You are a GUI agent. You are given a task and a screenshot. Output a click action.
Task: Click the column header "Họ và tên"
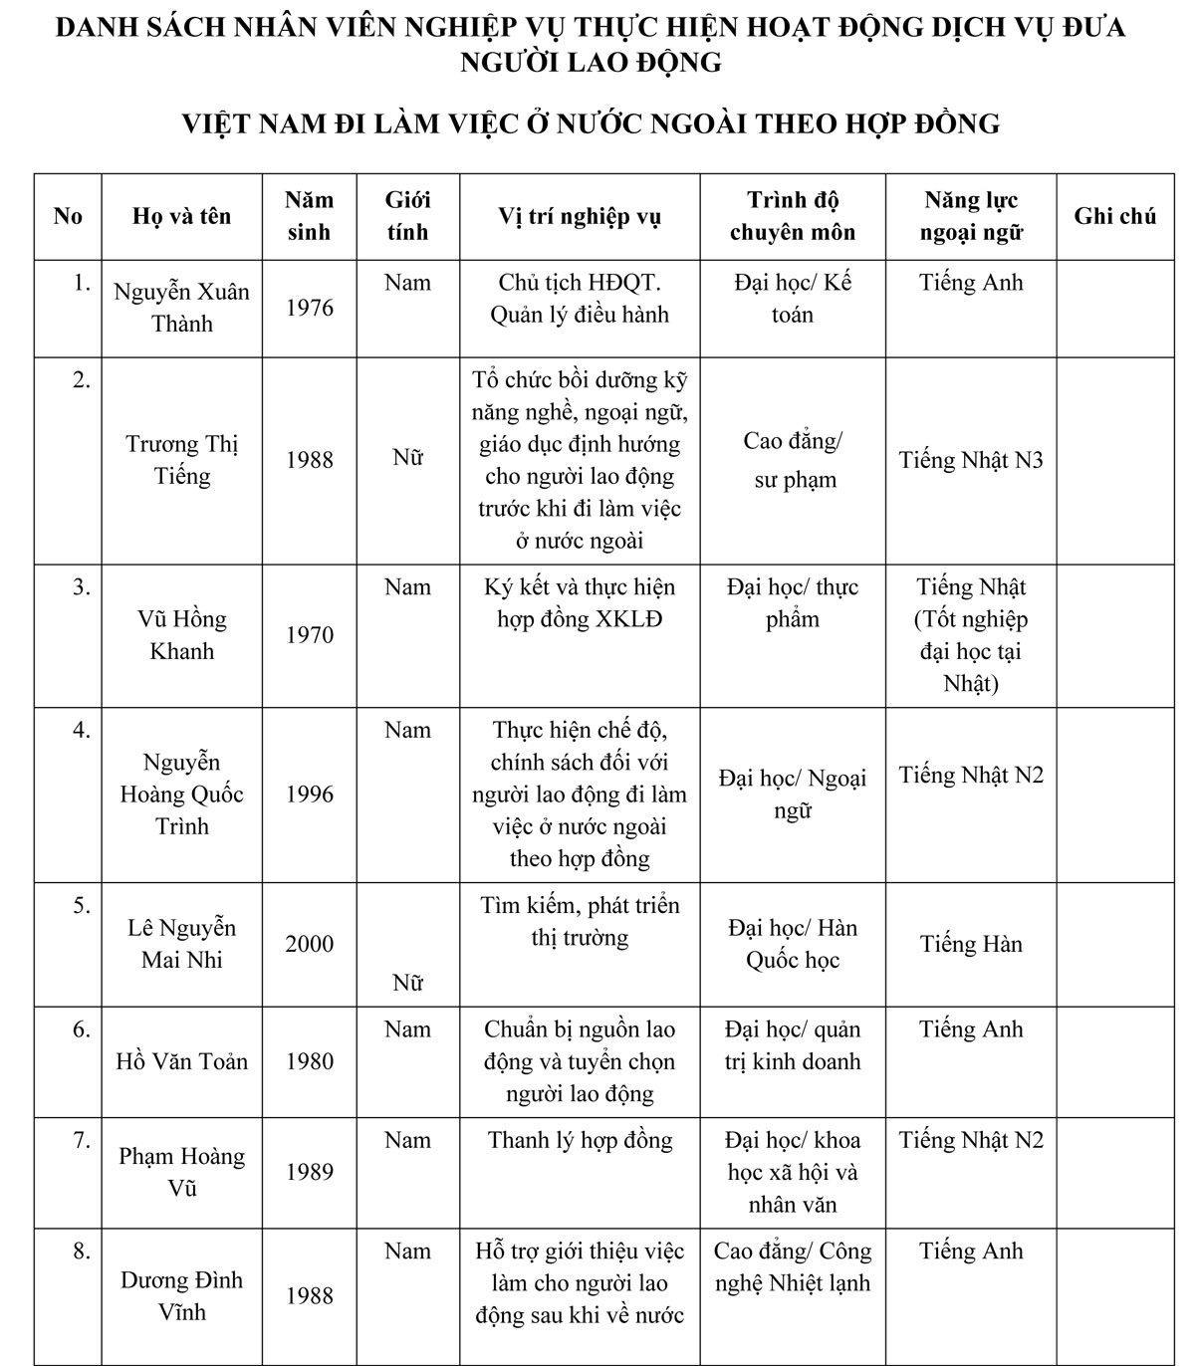pyautogui.click(x=181, y=216)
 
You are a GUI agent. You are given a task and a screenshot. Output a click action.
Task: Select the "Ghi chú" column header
pyautogui.click(x=1114, y=216)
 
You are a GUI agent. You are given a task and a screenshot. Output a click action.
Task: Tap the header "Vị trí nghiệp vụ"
pyautogui.click(x=579, y=216)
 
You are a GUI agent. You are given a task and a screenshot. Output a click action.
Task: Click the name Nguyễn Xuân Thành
pyautogui.click(x=181, y=308)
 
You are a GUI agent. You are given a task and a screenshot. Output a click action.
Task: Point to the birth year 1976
pyautogui.click(x=310, y=308)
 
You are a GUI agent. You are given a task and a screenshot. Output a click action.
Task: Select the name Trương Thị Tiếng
pyautogui.click(x=181, y=460)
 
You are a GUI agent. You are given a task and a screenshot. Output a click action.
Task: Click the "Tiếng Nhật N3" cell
pyautogui.click(x=971, y=460)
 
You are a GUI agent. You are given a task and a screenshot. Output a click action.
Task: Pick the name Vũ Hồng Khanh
pyautogui.click(x=181, y=635)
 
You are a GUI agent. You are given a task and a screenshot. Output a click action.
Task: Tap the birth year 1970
pyautogui.click(x=310, y=635)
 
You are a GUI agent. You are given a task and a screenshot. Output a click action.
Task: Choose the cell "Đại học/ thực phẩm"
pyautogui.click(x=793, y=603)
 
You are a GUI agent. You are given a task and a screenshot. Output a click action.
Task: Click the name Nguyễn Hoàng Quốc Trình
pyautogui.click(x=181, y=795)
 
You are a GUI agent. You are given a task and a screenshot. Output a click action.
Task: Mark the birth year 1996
pyautogui.click(x=310, y=795)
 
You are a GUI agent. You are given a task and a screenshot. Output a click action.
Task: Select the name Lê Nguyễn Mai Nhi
pyautogui.click(x=181, y=944)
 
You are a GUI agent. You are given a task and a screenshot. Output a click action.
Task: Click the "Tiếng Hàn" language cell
pyautogui.click(x=971, y=944)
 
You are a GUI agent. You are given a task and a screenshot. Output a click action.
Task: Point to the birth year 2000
pyautogui.click(x=310, y=944)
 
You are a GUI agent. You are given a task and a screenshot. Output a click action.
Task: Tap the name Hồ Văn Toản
pyautogui.click(x=181, y=1061)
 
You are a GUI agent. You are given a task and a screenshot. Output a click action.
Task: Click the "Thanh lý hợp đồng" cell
pyautogui.click(x=580, y=1141)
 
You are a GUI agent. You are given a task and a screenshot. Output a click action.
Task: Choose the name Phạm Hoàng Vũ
pyautogui.click(x=181, y=1172)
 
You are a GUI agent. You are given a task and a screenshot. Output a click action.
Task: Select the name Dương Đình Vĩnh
pyautogui.click(x=181, y=1295)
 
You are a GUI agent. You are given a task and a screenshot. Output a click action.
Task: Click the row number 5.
pyautogui.click(x=81, y=906)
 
